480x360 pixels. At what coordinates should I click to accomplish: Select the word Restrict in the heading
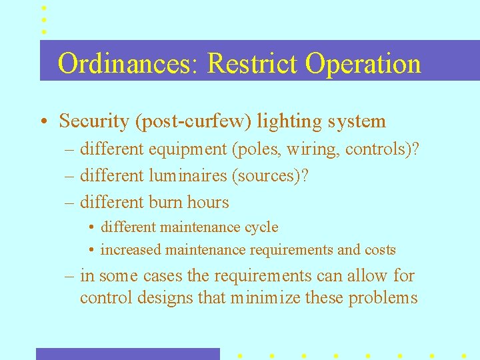tap(253, 64)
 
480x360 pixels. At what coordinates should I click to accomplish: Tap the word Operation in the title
tap(363, 64)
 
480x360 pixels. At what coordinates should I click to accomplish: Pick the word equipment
tap(188, 149)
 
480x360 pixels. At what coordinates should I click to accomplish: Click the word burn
tap(166, 202)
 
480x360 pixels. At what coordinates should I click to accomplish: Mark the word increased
tap(130, 250)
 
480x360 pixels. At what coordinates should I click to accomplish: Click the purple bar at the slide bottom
tap(127, 354)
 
